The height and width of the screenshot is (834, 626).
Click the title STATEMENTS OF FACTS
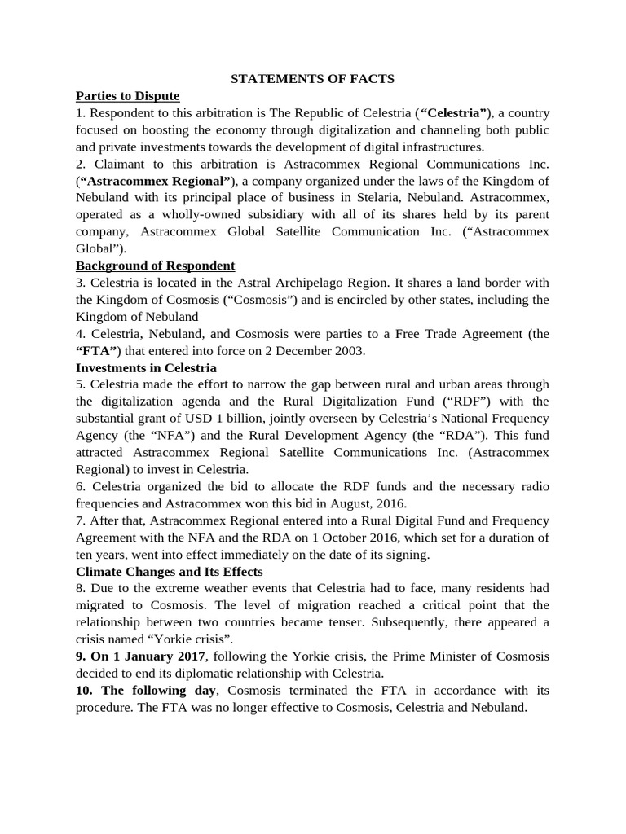coord(313,79)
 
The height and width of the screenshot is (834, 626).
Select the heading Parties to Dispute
coord(127,96)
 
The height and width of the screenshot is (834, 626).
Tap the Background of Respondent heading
coord(155,266)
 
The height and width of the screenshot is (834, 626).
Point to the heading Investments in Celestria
coord(146,367)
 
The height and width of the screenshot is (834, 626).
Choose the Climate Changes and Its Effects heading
coord(169,571)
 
